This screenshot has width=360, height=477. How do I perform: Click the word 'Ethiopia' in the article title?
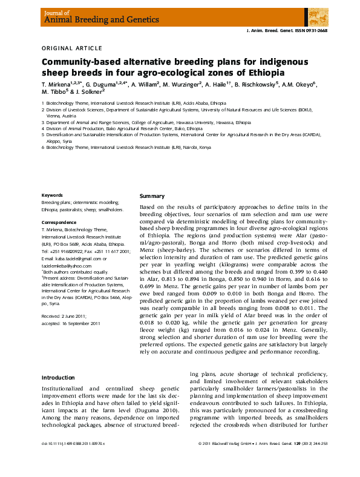click(x=259, y=72)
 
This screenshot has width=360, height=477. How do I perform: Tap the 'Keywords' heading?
click(x=53, y=195)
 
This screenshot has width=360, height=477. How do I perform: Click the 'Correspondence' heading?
click(x=59, y=222)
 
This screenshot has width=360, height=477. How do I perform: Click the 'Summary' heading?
click(x=152, y=196)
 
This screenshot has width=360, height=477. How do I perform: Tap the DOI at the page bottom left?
click(x=73, y=461)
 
